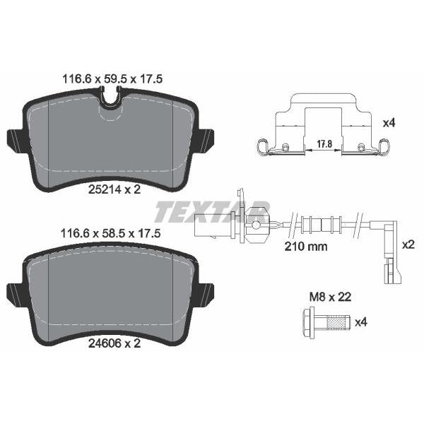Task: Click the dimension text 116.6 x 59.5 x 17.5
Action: tap(112, 79)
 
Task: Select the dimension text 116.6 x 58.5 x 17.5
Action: tap(111, 233)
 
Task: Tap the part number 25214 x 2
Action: tap(114, 189)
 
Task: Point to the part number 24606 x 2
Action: tap(114, 343)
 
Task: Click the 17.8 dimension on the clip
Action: tap(324, 144)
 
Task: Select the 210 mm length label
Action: tap(306, 247)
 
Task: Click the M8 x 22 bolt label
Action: tap(330, 298)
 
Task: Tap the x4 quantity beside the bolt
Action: tap(360, 322)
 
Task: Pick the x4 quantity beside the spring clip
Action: tap(389, 123)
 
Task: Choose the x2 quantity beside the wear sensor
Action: tap(408, 245)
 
